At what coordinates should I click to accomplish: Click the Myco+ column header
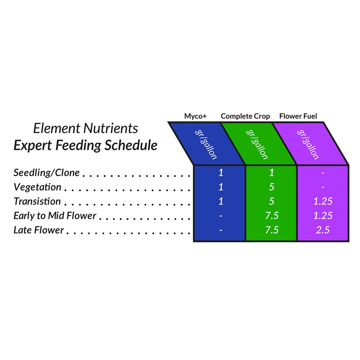195,116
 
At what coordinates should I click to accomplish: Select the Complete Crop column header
245,116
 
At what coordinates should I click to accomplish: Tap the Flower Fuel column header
298,116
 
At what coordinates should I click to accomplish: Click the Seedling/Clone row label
47,173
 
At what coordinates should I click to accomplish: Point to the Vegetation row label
37,187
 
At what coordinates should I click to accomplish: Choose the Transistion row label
37,201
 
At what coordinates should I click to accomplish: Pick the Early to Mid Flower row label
55,216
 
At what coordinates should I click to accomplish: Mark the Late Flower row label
39,230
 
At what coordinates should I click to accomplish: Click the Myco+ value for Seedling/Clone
221,173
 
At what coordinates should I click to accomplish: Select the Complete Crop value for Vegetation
272,187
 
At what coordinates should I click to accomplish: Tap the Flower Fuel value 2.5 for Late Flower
323,230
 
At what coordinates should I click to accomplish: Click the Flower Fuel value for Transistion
323,201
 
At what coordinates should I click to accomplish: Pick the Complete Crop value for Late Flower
272,230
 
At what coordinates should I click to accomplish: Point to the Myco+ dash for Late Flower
221,230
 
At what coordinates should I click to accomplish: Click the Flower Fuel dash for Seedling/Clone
323,173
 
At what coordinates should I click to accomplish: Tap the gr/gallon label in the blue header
206,144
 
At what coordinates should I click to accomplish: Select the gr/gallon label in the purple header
308,144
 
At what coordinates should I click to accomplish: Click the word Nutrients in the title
111,128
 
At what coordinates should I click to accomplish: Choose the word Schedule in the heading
131,145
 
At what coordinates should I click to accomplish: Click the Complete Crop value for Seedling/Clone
272,173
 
